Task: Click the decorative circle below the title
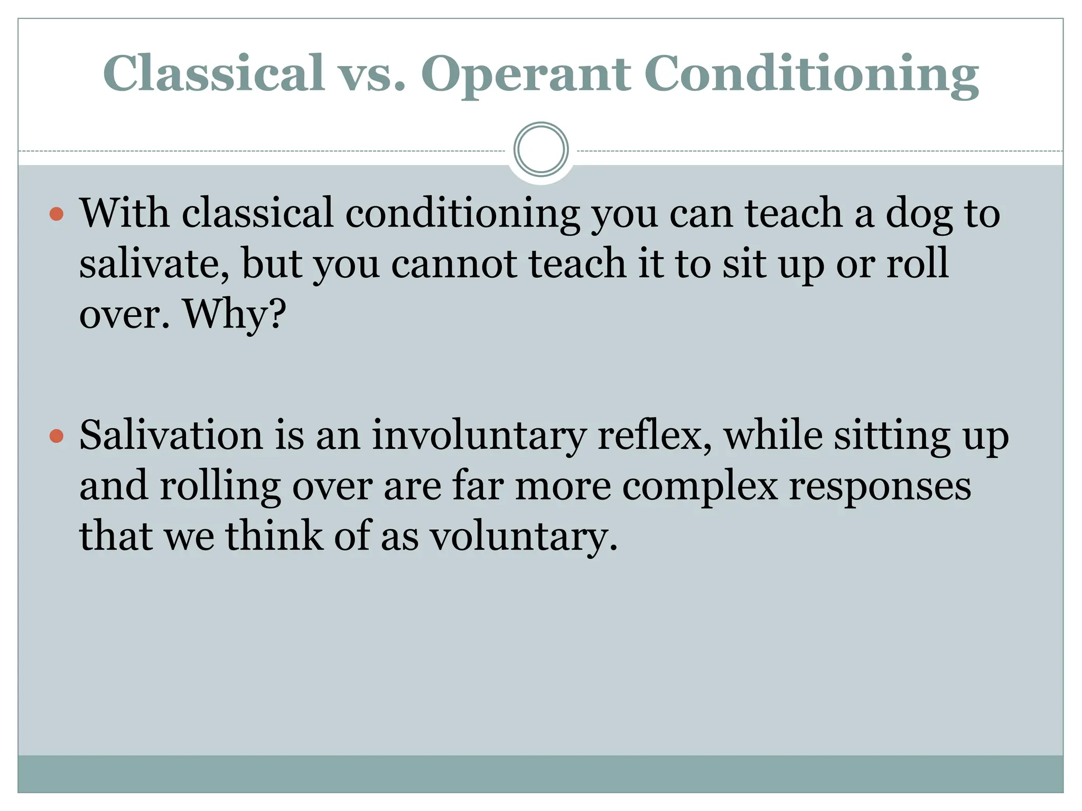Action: point(540,149)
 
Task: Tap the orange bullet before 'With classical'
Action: point(57,214)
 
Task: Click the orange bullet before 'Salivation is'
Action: point(57,437)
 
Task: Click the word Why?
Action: point(234,314)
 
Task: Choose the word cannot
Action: point(454,263)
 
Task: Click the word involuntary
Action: point(479,437)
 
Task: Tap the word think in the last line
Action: point(274,536)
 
